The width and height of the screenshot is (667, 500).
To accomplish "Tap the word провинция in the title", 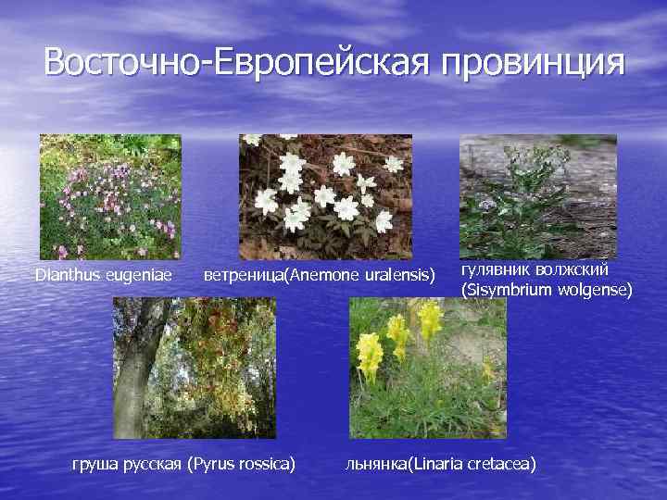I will point(534,63).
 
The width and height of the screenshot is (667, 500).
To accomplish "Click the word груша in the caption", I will point(94,461).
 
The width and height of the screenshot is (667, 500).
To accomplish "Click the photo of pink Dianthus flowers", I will point(110,196).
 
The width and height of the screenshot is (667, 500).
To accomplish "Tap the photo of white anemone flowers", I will point(325,196).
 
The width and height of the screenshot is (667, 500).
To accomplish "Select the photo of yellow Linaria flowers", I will point(427,368).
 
